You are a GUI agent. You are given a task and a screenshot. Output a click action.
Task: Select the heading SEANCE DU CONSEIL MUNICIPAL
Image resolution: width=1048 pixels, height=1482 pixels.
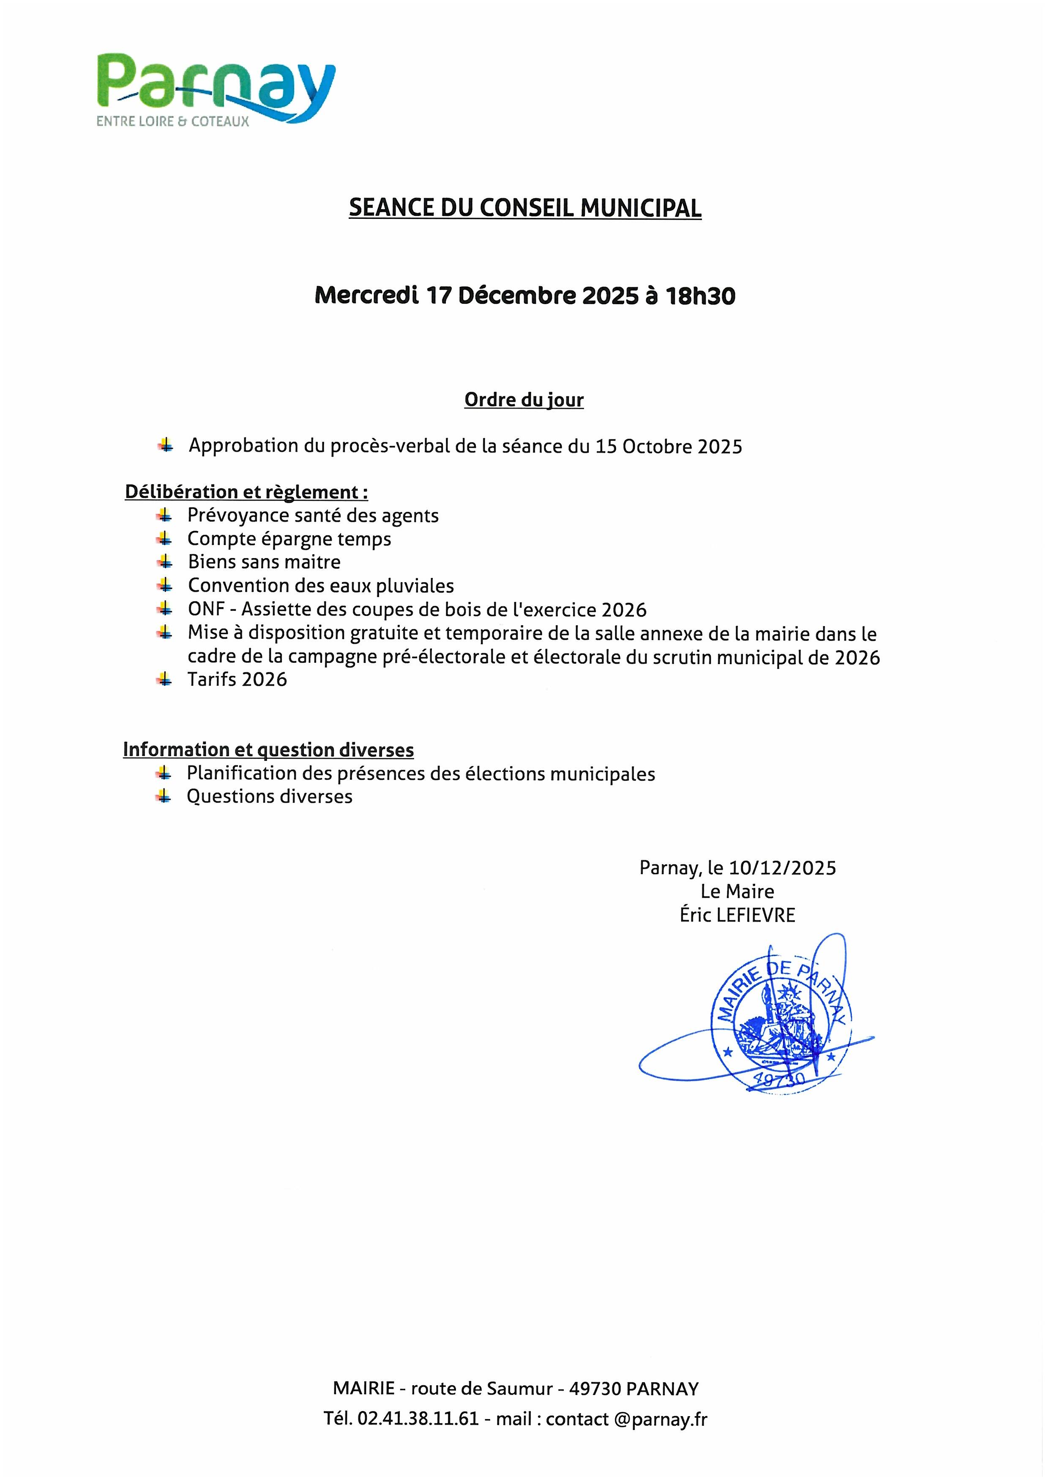click(524, 207)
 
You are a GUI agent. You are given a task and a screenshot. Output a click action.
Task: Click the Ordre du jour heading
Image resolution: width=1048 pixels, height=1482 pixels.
click(524, 400)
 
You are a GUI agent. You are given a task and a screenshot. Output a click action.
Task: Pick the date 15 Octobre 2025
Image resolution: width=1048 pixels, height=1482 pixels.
click(669, 447)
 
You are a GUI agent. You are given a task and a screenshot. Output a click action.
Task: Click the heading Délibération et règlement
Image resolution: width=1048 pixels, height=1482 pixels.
click(246, 492)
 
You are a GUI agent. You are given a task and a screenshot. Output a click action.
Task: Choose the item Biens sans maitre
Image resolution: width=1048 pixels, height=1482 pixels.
click(264, 562)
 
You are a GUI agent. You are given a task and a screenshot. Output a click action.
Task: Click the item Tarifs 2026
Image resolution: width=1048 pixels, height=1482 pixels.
click(237, 680)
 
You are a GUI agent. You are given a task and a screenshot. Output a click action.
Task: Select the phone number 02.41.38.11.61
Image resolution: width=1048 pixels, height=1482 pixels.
click(418, 1418)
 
